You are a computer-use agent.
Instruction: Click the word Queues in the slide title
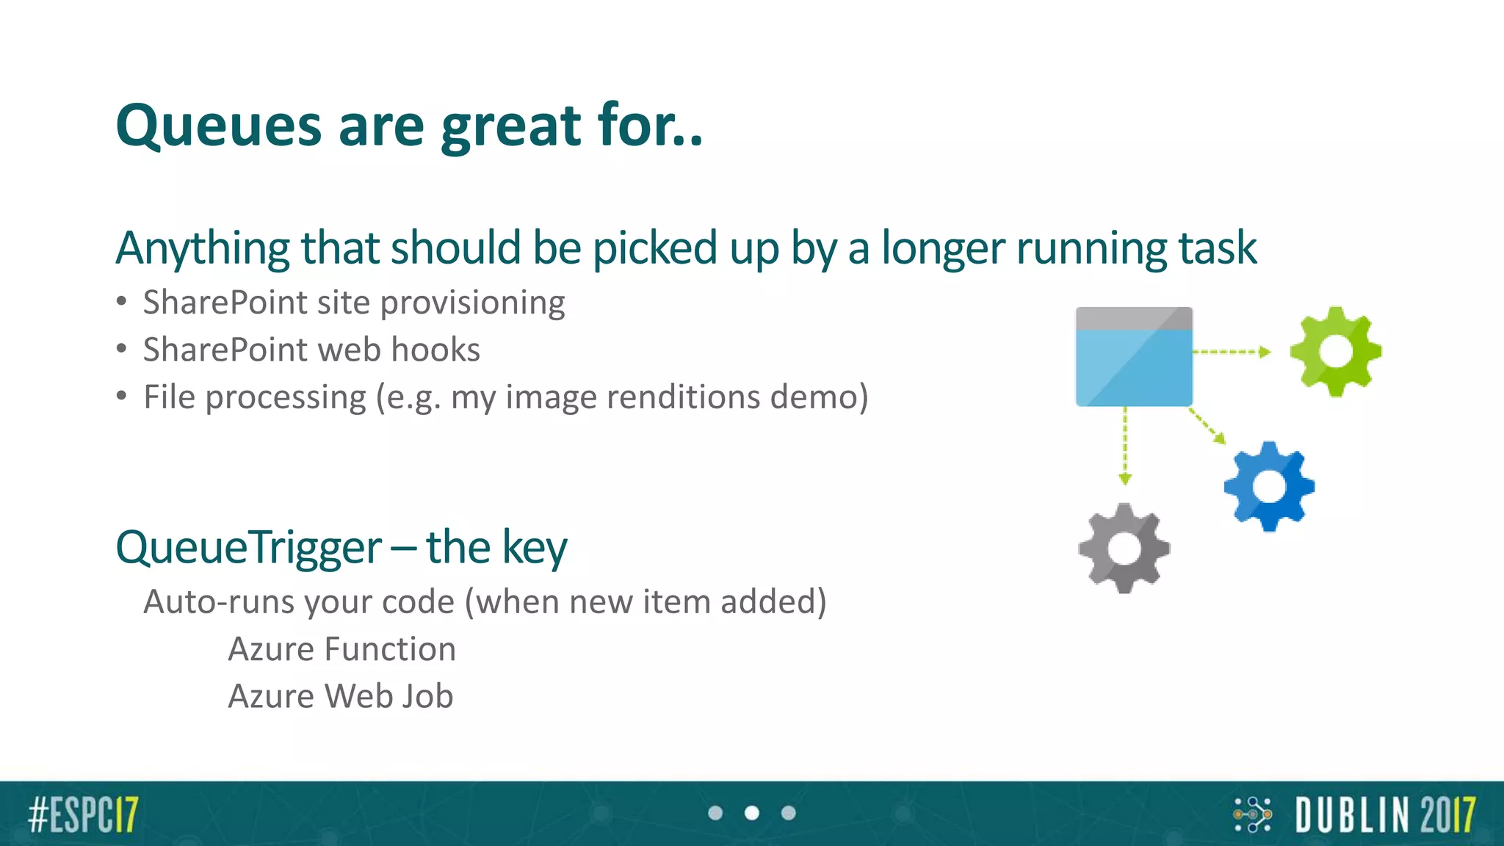[x=218, y=126]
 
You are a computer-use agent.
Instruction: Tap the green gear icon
[x=1335, y=352]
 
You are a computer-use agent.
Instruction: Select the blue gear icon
[x=1269, y=486]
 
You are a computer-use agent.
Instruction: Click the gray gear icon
[x=1124, y=549]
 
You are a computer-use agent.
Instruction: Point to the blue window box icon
[x=1134, y=357]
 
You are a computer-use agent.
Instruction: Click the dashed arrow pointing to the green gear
[x=1232, y=352]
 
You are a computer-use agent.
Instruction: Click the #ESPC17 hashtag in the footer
[x=83, y=814]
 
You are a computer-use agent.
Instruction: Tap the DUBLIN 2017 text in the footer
[x=1385, y=815]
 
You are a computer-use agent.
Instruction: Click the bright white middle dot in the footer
[x=751, y=813]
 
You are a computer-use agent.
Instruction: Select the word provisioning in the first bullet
[x=472, y=303]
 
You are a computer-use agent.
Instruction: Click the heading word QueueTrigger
[x=248, y=548]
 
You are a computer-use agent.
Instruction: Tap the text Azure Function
[x=341, y=649]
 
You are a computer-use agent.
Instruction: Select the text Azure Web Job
[x=340, y=696]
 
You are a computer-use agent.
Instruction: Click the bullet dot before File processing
[x=122, y=397]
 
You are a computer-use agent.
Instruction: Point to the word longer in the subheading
[x=943, y=248]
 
